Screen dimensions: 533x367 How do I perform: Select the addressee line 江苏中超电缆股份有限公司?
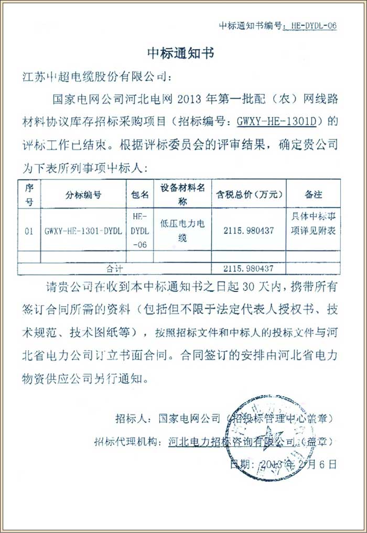click(x=96, y=77)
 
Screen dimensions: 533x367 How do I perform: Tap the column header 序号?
click(x=29, y=194)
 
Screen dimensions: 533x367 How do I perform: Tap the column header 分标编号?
click(x=83, y=194)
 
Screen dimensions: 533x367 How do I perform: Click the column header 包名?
click(x=140, y=194)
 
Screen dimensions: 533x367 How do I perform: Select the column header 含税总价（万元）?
click(x=249, y=194)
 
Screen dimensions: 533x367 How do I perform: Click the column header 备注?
click(x=313, y=194)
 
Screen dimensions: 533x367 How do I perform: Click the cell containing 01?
click(x=29, y=230)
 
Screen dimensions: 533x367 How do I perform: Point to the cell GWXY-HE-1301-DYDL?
click(x=83, y=230)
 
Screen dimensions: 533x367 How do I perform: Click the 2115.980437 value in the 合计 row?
click(x=249, y=268)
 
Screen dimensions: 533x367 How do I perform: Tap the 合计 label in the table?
click(x=114, y=268)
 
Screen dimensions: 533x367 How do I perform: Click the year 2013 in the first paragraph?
click(x=191, y=99)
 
